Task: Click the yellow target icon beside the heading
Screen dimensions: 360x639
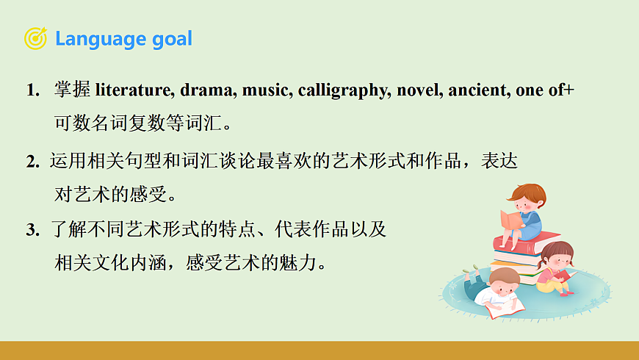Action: (35, 38)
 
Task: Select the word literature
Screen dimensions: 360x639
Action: (133, 90)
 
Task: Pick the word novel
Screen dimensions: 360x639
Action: (416, 90)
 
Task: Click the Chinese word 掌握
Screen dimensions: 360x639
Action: (72, 90)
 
